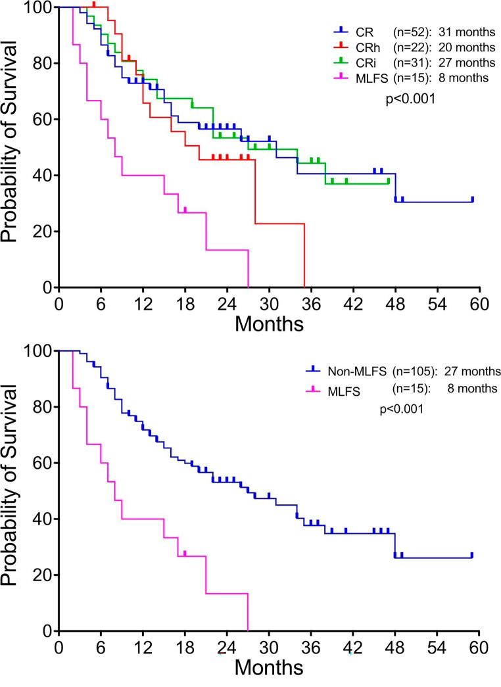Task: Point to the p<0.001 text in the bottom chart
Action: [401, 409]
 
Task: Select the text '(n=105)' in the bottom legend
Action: [414, 371]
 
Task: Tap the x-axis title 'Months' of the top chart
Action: [269, 324]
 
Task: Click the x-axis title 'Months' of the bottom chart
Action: [269, 668]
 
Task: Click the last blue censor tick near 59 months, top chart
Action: [472, 199]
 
